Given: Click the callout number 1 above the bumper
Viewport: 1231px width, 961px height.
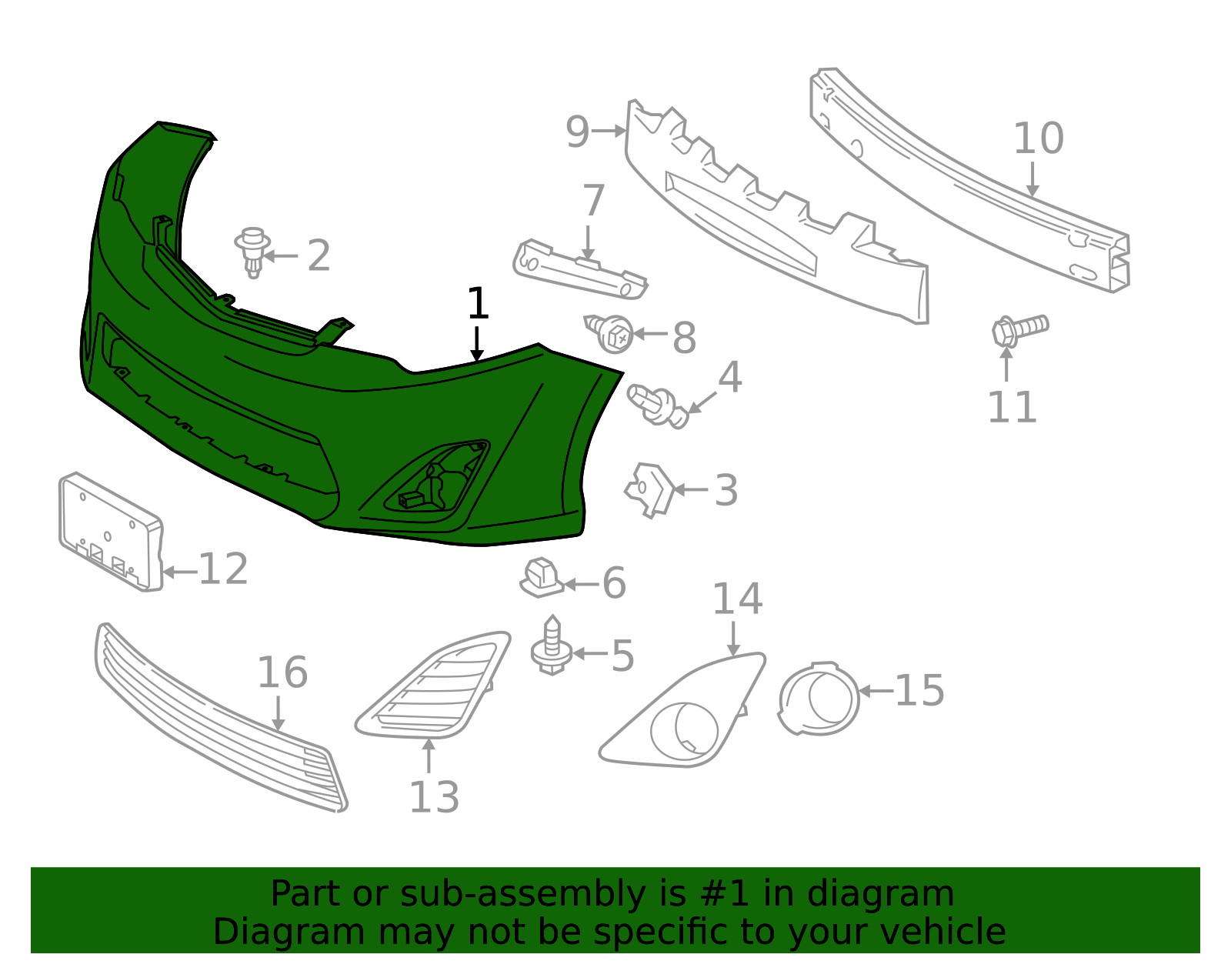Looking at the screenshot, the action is click(x=478, y=303).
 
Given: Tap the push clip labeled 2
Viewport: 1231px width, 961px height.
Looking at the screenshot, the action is click(x=252, y=252).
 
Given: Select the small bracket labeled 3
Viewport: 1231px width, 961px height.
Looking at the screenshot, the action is click(x=650, y=490).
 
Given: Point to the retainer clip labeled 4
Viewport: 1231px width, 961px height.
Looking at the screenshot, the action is click(x=658, y=406).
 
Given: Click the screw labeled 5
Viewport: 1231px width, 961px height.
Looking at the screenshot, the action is click(x=552, y=645).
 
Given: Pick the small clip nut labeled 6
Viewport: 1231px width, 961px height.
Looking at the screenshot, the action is click(x=542, y=578).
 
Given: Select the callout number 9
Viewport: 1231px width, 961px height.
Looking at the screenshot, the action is click(x=577, y=132).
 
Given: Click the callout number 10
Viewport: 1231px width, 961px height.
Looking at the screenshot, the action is click(x=1038, y=138).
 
